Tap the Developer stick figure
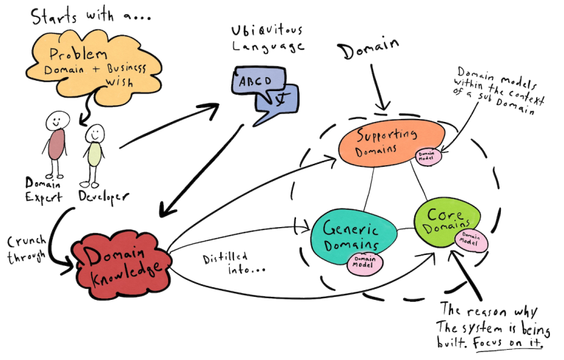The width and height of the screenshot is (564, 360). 93,154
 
